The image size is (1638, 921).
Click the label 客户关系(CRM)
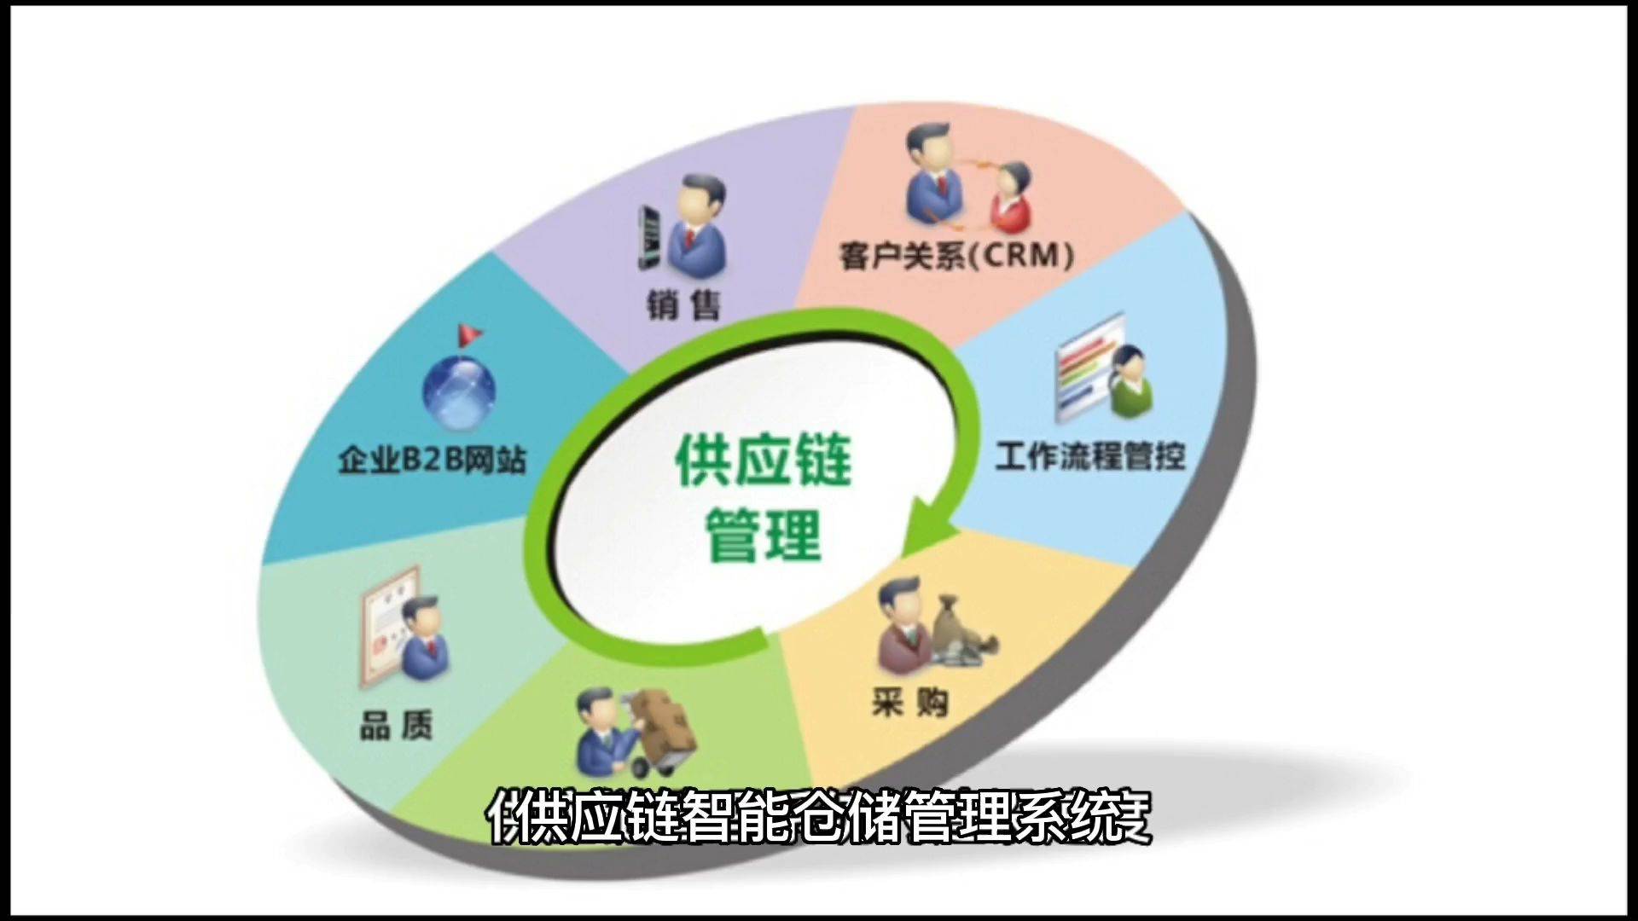coord(955,255)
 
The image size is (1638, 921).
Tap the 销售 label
coord(682,304)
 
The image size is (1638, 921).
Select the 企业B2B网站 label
coord(433,460)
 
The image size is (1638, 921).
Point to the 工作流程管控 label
coord(1090,455)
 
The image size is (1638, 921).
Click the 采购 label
coord(909,703)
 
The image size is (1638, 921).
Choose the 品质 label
coord(396,726)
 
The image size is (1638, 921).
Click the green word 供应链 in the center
coord(764,460)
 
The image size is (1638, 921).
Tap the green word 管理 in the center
coord(764,536)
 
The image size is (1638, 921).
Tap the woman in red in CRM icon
coord(1011,199)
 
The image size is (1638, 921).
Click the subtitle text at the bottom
coord(819,817)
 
